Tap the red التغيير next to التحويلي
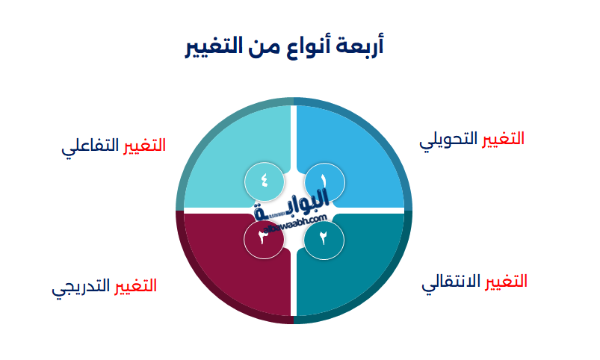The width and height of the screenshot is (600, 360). [x=503, y=139]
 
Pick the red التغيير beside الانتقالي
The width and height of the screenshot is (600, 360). [x=507, y=282]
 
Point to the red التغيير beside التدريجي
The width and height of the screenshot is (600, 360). [x=135, y=286]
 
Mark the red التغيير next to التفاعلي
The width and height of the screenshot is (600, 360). [x=144, y=145]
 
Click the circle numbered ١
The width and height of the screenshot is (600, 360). [x=324, y=181]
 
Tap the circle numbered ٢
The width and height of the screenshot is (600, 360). [x=324, y=239]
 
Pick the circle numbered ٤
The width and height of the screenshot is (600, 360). [x=264, y=181]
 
